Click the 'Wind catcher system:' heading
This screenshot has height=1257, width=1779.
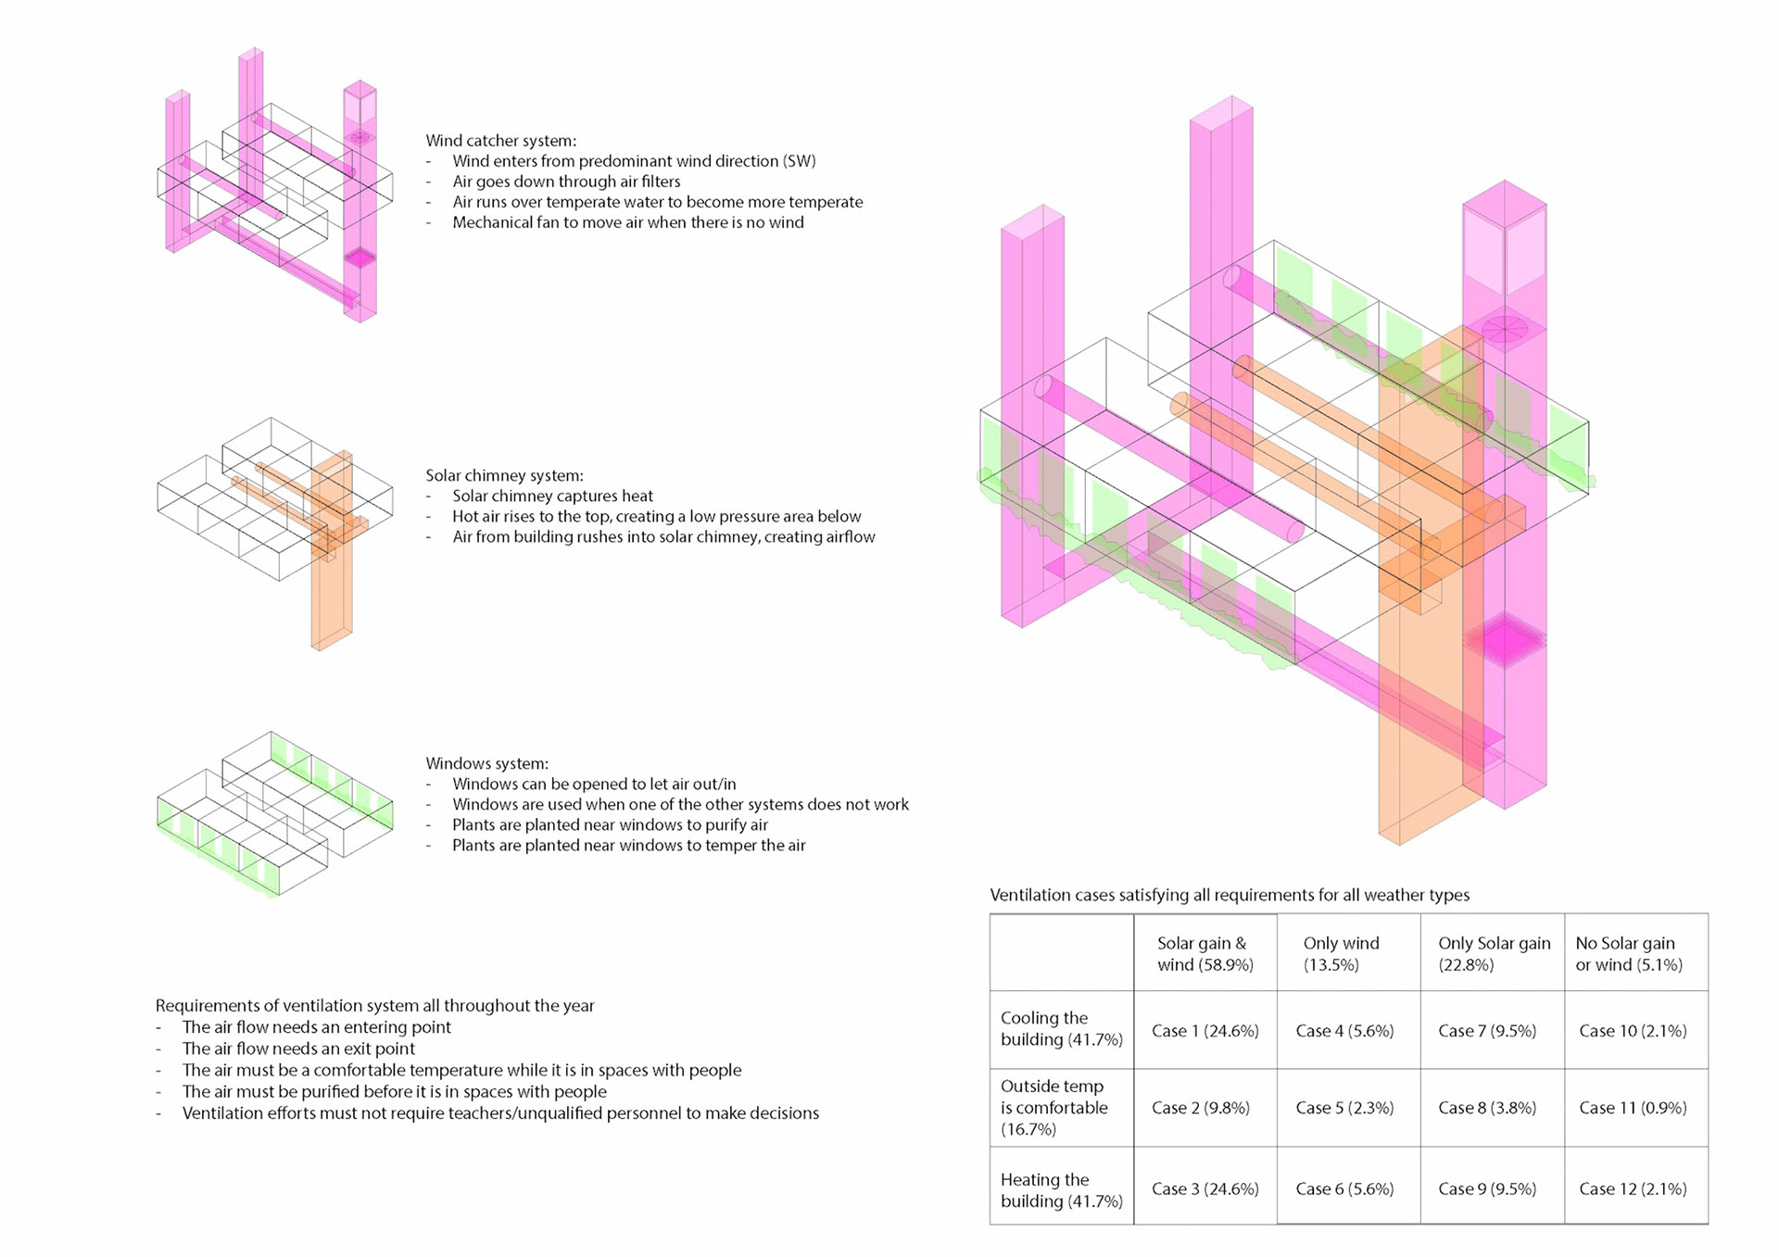500,141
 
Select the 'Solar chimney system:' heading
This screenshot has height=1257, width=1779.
504,475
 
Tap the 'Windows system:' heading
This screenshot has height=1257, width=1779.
486,763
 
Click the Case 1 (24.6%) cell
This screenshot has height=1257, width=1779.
1205,1031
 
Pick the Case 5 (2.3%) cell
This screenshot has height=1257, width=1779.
1344,1108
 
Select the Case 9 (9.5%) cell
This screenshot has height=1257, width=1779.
1487,1188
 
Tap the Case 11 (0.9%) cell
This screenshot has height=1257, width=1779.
1633,1108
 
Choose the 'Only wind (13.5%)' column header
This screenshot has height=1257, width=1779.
1341,953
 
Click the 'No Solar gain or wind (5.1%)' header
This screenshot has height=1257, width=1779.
1628,953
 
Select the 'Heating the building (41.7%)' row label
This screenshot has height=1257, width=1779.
1061,1189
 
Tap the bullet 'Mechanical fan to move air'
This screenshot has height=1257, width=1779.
627,222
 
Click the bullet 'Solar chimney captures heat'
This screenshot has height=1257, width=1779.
552,496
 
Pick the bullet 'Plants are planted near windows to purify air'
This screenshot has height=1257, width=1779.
610,824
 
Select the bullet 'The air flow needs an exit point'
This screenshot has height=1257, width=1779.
298,1049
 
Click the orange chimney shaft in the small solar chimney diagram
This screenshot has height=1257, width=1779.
331,593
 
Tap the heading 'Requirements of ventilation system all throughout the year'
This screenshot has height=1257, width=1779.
374,1005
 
